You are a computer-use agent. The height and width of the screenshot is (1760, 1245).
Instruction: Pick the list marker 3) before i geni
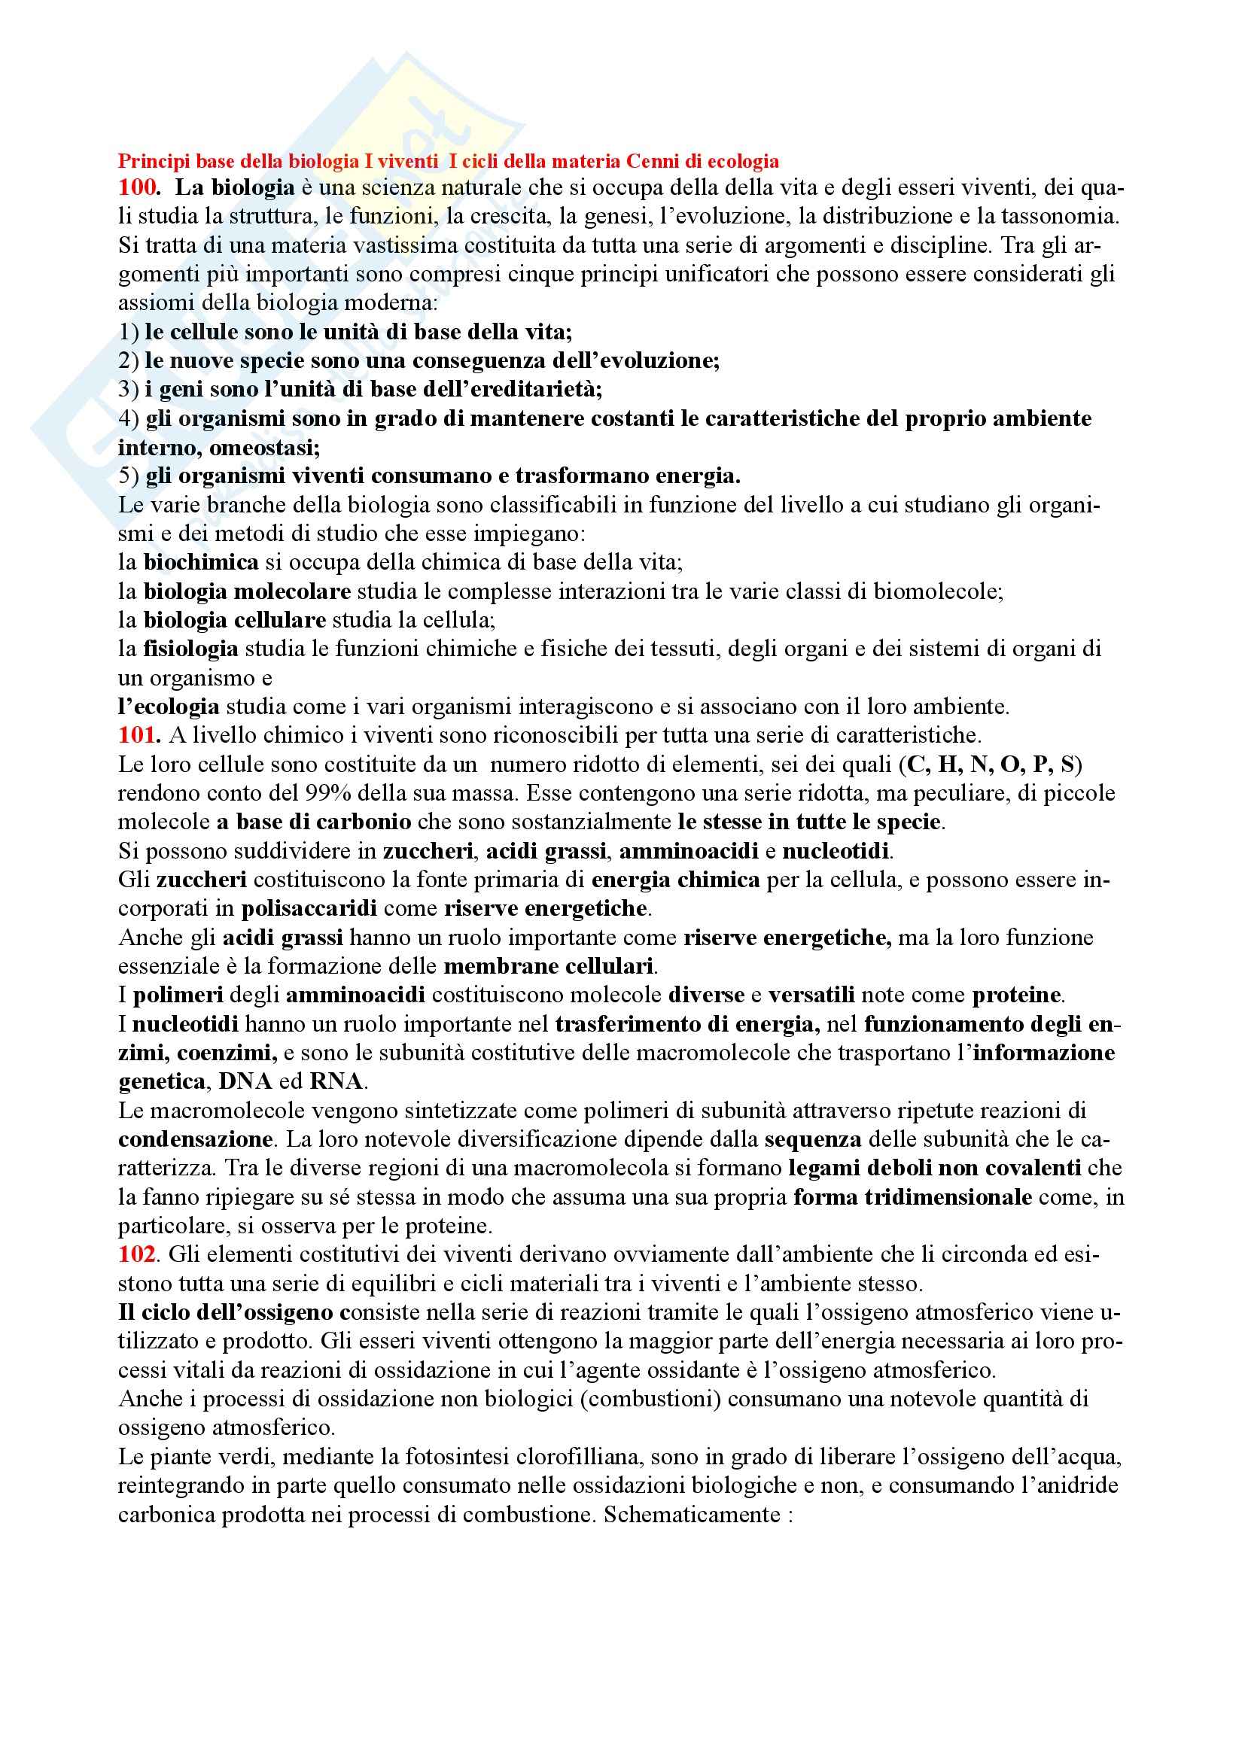[x=129, y=390]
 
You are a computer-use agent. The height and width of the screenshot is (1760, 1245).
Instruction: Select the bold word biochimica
[x=201, y=562]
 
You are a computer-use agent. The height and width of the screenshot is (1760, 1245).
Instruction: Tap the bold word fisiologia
[x=190, y=649]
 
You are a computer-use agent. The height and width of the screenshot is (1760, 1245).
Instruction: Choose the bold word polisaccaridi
[x=309, y=908]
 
